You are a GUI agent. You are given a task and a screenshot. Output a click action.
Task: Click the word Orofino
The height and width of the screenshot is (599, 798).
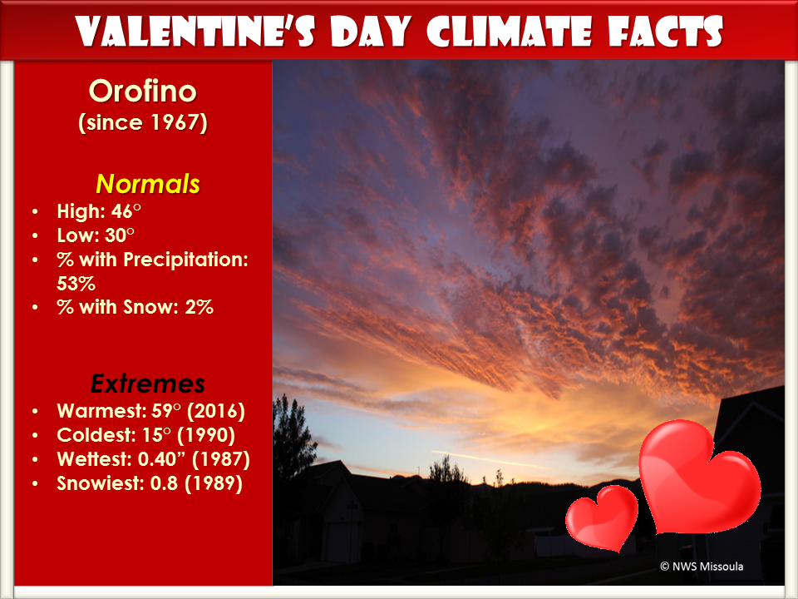[x=142, y=92]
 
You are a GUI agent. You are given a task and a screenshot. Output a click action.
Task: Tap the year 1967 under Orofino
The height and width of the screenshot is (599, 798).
[x=174, y=122]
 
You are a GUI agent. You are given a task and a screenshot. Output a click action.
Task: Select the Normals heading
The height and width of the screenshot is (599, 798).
[x=148, y=183]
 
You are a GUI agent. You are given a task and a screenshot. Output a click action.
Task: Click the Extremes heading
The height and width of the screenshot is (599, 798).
[x=148, y=384]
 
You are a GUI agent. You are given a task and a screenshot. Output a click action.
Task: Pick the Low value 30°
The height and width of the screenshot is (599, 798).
[x=120, y=235]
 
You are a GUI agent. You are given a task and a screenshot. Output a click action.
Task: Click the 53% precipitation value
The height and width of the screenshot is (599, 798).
[x=76, y=283]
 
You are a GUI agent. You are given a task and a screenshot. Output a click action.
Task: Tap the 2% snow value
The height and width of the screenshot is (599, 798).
[x=199, y=307]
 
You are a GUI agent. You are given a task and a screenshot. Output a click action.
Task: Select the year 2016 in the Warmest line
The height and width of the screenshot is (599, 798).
[x=216, y=411]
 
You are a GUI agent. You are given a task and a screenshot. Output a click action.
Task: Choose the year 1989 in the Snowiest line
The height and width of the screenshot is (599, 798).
[x=214, y=483]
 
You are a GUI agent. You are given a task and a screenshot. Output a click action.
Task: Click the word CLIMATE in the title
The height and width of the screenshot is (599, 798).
[x=509, y=32]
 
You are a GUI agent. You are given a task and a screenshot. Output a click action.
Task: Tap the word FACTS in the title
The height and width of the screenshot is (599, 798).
[x=665, y=32]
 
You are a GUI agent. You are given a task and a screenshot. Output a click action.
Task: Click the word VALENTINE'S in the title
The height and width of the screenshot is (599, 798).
[x=196, y=32]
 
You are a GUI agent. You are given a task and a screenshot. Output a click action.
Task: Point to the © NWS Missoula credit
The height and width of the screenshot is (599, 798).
[x=702, y=566]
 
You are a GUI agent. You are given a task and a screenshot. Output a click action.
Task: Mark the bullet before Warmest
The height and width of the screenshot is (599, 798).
[x=35, y=411]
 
